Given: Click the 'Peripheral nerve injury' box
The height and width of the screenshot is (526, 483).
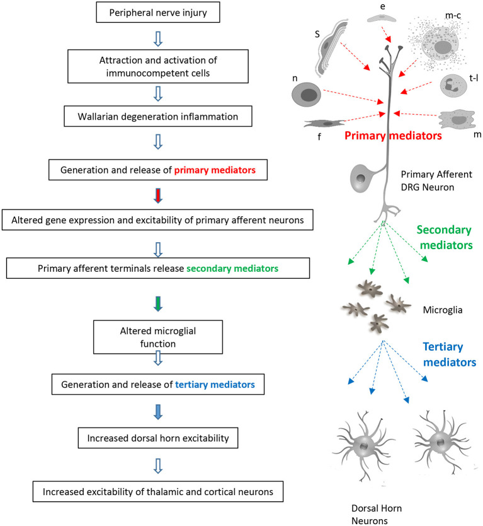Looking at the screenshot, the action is (x=158, y=13).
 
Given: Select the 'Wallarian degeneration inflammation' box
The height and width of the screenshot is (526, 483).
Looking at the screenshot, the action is (x=158, y=117).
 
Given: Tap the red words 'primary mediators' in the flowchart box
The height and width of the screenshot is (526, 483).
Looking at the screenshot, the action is (x=215, y=170).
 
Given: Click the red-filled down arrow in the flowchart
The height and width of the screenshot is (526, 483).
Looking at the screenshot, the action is (x=158, y=196).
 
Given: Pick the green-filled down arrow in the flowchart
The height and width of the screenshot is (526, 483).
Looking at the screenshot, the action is (x=158, y=303).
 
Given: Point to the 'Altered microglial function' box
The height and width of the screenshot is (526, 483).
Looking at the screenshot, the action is (x=158, y=337).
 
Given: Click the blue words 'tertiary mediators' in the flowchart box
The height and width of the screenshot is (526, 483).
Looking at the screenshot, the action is (x=215, y=385).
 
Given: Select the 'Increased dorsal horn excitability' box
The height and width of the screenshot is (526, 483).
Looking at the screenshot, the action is (x=158, y=438).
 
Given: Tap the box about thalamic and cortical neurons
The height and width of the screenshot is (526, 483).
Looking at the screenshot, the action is (x=158, y=491).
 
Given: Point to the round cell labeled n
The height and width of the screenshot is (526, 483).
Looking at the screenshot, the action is (x=306, y=95).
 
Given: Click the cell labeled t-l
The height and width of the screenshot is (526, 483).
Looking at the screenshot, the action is (x=453, y=86).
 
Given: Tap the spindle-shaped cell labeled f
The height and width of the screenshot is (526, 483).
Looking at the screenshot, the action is (x=324, y=124).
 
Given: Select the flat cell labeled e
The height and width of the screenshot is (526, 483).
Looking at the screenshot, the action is (x=382, y=18).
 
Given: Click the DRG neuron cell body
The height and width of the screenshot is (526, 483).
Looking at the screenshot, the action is (x=360, y=178).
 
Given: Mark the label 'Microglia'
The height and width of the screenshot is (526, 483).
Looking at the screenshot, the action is (x=443, y=310).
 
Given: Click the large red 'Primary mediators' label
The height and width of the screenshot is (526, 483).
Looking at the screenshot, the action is (x=393, y=136).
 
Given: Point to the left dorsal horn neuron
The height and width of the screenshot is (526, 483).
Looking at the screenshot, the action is (x=364, y=446).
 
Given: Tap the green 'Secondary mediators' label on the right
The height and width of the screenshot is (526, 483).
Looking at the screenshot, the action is (x=445, y=237).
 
